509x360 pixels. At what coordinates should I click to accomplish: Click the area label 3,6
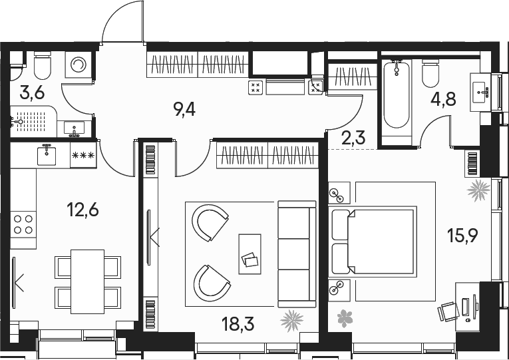pos(32,93)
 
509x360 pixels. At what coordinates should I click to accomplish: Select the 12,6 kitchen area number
pos(83,210)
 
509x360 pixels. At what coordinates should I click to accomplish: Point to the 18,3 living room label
pos(238,323)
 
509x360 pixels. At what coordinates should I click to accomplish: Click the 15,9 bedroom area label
pos(462,235)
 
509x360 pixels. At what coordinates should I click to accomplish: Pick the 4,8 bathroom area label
pos(443,99)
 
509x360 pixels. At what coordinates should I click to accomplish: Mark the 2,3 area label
pos(353,138)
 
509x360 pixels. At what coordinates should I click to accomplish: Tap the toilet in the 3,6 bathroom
pos(42,65)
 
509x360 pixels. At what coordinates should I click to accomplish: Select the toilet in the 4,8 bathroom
pos(430,73)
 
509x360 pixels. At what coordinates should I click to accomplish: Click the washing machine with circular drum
pos(79,65)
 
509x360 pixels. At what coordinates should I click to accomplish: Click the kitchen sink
pos(47,156)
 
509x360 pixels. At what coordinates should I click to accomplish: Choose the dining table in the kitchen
pos(87,281)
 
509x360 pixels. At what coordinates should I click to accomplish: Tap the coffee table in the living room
pos(250,254)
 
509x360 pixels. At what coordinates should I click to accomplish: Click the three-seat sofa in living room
pos(297,254)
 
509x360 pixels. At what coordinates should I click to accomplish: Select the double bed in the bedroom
pos(373,242)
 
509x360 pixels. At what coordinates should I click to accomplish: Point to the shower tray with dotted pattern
pos(31,122)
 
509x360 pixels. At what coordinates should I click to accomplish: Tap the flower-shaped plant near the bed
pos(345,318)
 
